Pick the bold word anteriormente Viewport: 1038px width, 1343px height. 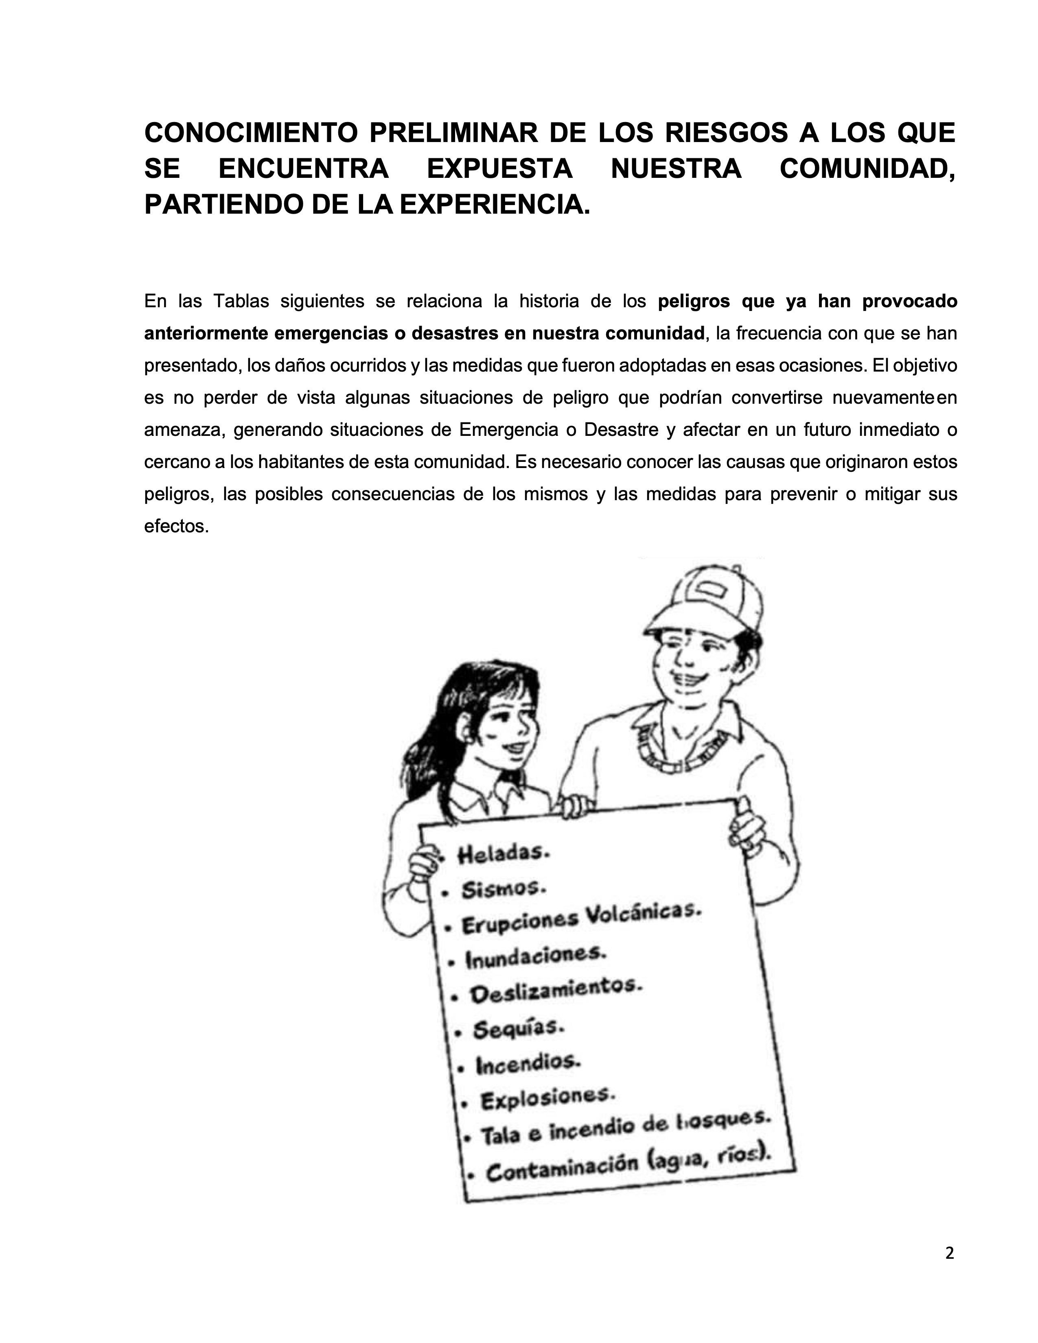click(206, 334)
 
